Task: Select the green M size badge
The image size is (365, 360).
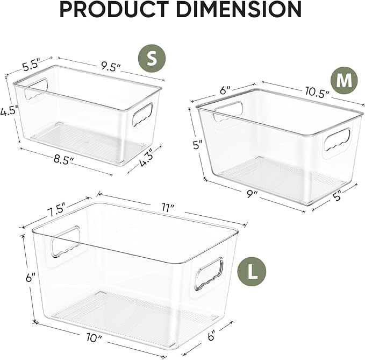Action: [x=344, y=80]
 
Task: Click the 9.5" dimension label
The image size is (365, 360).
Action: [x=109, y=67]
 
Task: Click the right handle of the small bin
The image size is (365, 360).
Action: [x=142, y=115]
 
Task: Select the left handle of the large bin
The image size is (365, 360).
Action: [x=65, y=241]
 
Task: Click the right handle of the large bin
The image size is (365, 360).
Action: [x=209, y=273]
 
